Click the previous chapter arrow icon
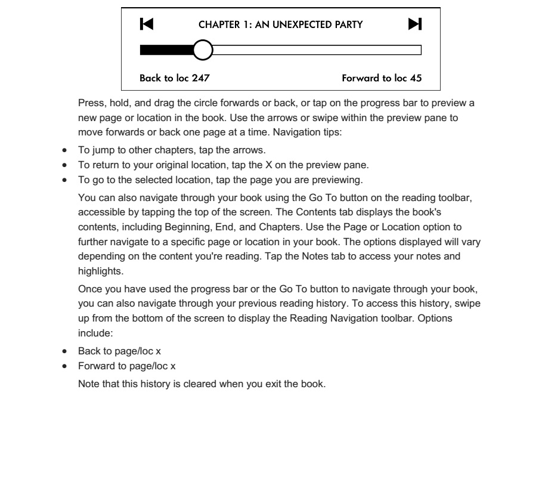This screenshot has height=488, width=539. point(146,24)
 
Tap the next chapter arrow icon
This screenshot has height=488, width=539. point(415,24)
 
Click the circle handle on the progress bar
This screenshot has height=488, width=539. point(203,50)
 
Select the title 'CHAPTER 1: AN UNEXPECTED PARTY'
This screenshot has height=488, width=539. point(280,25)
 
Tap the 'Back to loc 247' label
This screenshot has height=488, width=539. point(174,78)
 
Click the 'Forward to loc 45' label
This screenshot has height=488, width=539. point(382,78)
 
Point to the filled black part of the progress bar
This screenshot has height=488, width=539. point(167,50)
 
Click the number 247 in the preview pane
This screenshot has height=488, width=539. point(201,78)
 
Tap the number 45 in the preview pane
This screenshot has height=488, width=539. point(417,78)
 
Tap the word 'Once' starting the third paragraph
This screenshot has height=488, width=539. point(89,290)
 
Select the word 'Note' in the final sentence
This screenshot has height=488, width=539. point(88,384)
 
